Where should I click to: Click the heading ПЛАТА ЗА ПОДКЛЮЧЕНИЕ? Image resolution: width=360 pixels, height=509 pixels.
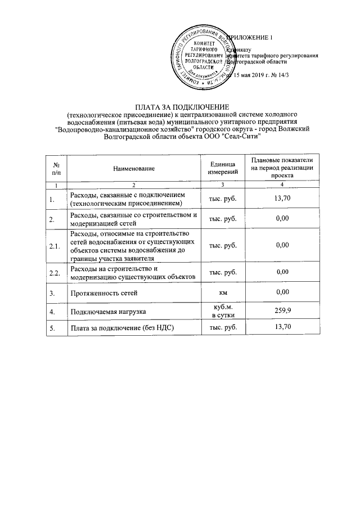[179, 107]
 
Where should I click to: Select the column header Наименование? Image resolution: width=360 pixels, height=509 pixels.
[133, 168]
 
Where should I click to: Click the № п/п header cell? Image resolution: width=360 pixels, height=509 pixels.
[56, 168]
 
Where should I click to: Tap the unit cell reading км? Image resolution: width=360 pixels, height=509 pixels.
[223, 292]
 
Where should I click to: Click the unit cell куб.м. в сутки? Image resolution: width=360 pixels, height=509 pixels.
[223, 310]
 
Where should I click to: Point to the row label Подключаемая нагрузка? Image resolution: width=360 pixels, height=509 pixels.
[106, 311]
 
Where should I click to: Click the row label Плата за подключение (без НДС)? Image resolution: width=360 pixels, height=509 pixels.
[120, 328]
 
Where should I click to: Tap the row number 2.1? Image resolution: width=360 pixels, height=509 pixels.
[55, 246]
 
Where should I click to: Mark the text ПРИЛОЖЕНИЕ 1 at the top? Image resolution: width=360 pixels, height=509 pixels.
[249, 38]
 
